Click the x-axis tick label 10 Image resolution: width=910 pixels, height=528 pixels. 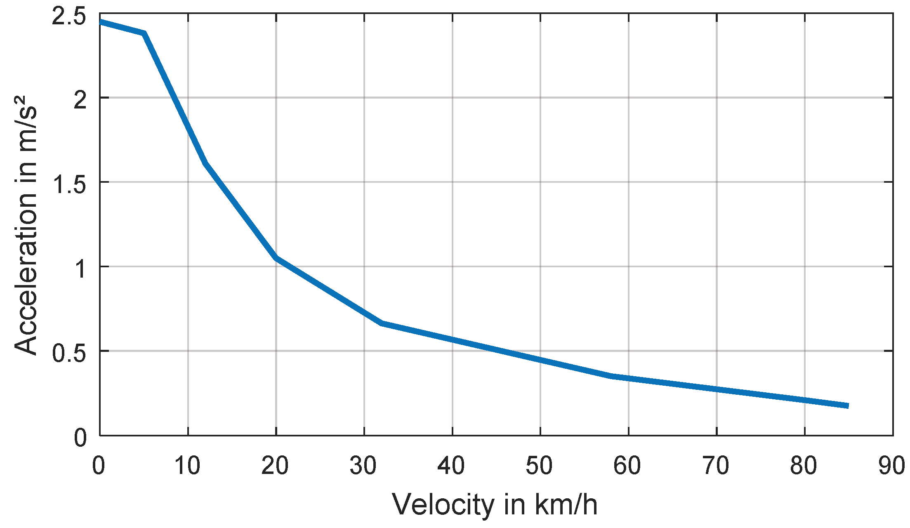click(x=188, y=466)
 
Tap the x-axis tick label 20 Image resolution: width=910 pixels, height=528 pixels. click(x=275, y=466)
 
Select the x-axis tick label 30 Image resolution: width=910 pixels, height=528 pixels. click(x=363, y=466)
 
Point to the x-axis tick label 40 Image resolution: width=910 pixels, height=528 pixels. click(x=452, y=466)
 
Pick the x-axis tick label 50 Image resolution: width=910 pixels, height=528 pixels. click(x=540, y=466)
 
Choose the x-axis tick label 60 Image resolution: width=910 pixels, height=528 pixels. click(x=627, y=466)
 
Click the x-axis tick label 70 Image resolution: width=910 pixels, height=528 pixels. click(x=716, y=466)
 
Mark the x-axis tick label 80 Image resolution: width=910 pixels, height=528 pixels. click(x=804, y=466)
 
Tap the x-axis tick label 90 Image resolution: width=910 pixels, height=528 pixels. click(x=892, y=466)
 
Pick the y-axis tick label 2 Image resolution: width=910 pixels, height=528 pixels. click(x=80, y=100)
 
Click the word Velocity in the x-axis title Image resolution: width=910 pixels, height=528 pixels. click(x=443, y=504)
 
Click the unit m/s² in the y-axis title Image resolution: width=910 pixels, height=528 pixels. click(x=26, y=124)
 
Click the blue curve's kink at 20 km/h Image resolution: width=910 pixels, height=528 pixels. click(x=276, y=258)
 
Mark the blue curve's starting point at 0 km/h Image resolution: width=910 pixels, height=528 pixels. click(x=101, y=22)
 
